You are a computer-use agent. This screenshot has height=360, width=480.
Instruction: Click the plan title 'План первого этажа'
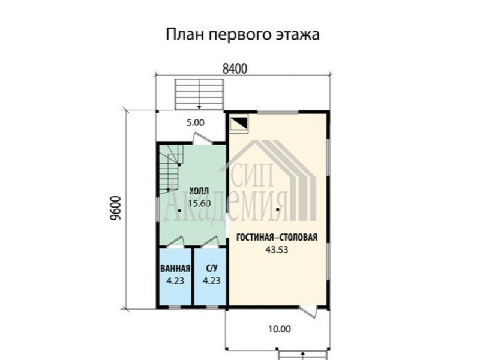tap(243, 34)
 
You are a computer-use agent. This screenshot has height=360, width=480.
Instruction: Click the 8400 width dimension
tap(235, 69)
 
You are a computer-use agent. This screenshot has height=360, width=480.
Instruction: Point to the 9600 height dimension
tap(116, 208)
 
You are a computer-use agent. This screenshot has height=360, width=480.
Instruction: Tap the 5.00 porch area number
tap(196, 123)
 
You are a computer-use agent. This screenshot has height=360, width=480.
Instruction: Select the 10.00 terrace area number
tap(280, 329)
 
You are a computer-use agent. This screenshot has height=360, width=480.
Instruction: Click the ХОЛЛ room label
tap(199, 191)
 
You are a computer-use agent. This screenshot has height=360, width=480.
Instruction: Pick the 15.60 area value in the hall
tap(199, 203)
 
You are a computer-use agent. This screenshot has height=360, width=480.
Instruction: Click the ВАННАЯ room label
tap(175, 268)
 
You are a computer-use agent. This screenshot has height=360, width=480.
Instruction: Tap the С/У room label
tap(212, 268)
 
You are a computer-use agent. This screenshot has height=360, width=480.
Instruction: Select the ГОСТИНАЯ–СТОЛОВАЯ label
tap(277, 237)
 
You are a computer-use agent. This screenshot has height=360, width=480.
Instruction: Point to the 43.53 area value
tap(277, 250)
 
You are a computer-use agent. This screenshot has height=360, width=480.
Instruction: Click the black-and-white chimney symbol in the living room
tap(239, 125)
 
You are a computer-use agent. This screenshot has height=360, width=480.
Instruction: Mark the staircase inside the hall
tap(171, 170)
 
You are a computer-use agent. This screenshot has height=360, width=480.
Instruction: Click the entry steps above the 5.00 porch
tap(199, 94)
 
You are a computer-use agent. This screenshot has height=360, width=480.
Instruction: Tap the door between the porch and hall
tap(202, 139)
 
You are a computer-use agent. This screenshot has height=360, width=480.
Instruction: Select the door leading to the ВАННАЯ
tap(175, 242)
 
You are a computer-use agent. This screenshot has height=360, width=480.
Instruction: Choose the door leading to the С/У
tap(210, 242)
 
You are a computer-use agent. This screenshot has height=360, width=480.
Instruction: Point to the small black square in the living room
tap(277, 210)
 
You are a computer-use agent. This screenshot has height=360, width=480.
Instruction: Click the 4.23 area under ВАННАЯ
tap(175, 281)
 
